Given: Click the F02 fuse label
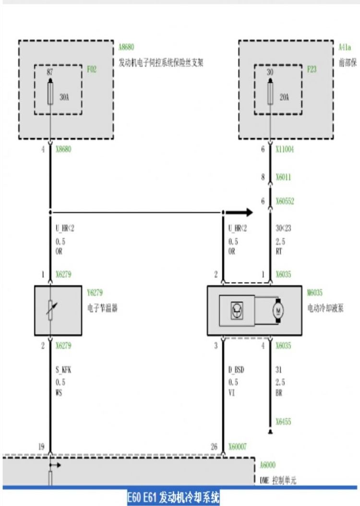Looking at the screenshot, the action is (x=92, y=70).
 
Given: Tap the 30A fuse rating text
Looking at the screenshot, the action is (x=64, y=97).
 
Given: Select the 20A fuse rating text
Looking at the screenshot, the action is (x=284, y=97).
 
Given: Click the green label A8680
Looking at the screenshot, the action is (x=126, y=47).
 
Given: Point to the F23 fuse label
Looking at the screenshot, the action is (x=312, y=70).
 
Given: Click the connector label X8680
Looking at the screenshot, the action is (x=63, y=149).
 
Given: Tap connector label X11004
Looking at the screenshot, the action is (x=285, y=149).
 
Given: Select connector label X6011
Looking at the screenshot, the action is (x=283, y=177).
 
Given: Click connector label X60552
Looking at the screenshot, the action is (x=285, y=201).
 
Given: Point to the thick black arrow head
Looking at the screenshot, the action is (x=248, y=212).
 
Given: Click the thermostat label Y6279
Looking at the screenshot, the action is (x=95, y=293).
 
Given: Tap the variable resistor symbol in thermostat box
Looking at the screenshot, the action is (x=51, y=310).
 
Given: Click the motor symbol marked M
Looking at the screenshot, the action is (x=278, y=310).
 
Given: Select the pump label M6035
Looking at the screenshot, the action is (x=315, y=293).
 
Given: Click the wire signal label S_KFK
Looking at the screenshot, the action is (x=63, y=370).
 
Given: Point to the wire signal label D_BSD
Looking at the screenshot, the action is (x=236, y=370).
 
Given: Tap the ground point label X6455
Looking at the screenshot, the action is (x=283, y=422).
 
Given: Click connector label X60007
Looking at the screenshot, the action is (x=237, y=447).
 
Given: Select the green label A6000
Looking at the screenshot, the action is (x=268, y=465).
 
